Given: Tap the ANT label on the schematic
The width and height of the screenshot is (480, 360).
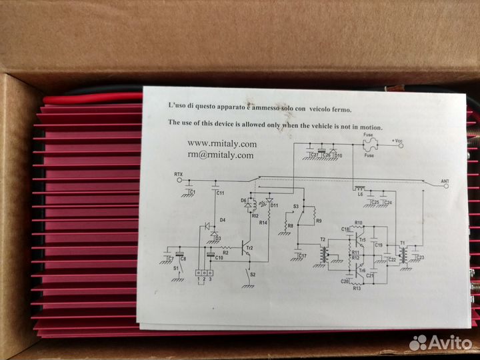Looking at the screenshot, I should coord(446,180).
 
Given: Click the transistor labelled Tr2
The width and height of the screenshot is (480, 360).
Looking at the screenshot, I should coord(247,248).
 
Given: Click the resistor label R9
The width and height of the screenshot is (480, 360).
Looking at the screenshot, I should coord(319,221).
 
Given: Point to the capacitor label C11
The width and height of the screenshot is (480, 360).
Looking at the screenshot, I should coord(221,193).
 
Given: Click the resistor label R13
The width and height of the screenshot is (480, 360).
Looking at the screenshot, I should coord(357,288).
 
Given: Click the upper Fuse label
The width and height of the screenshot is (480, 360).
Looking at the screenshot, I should coord(367,133).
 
